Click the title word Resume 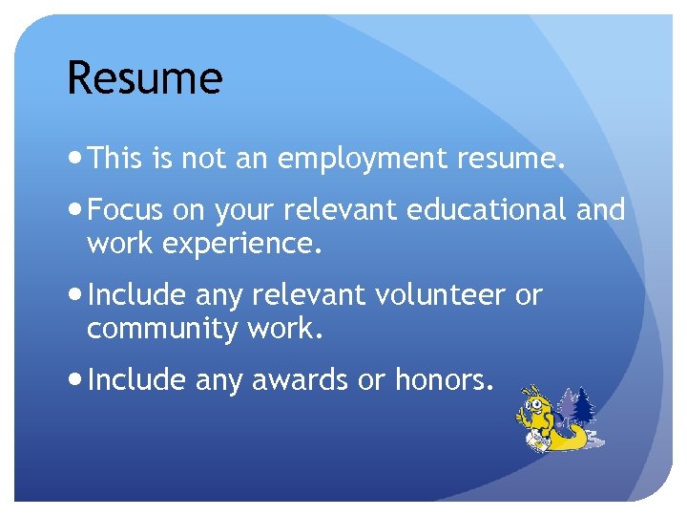click(x=144, y=77)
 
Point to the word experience click(x=242, y=246)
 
